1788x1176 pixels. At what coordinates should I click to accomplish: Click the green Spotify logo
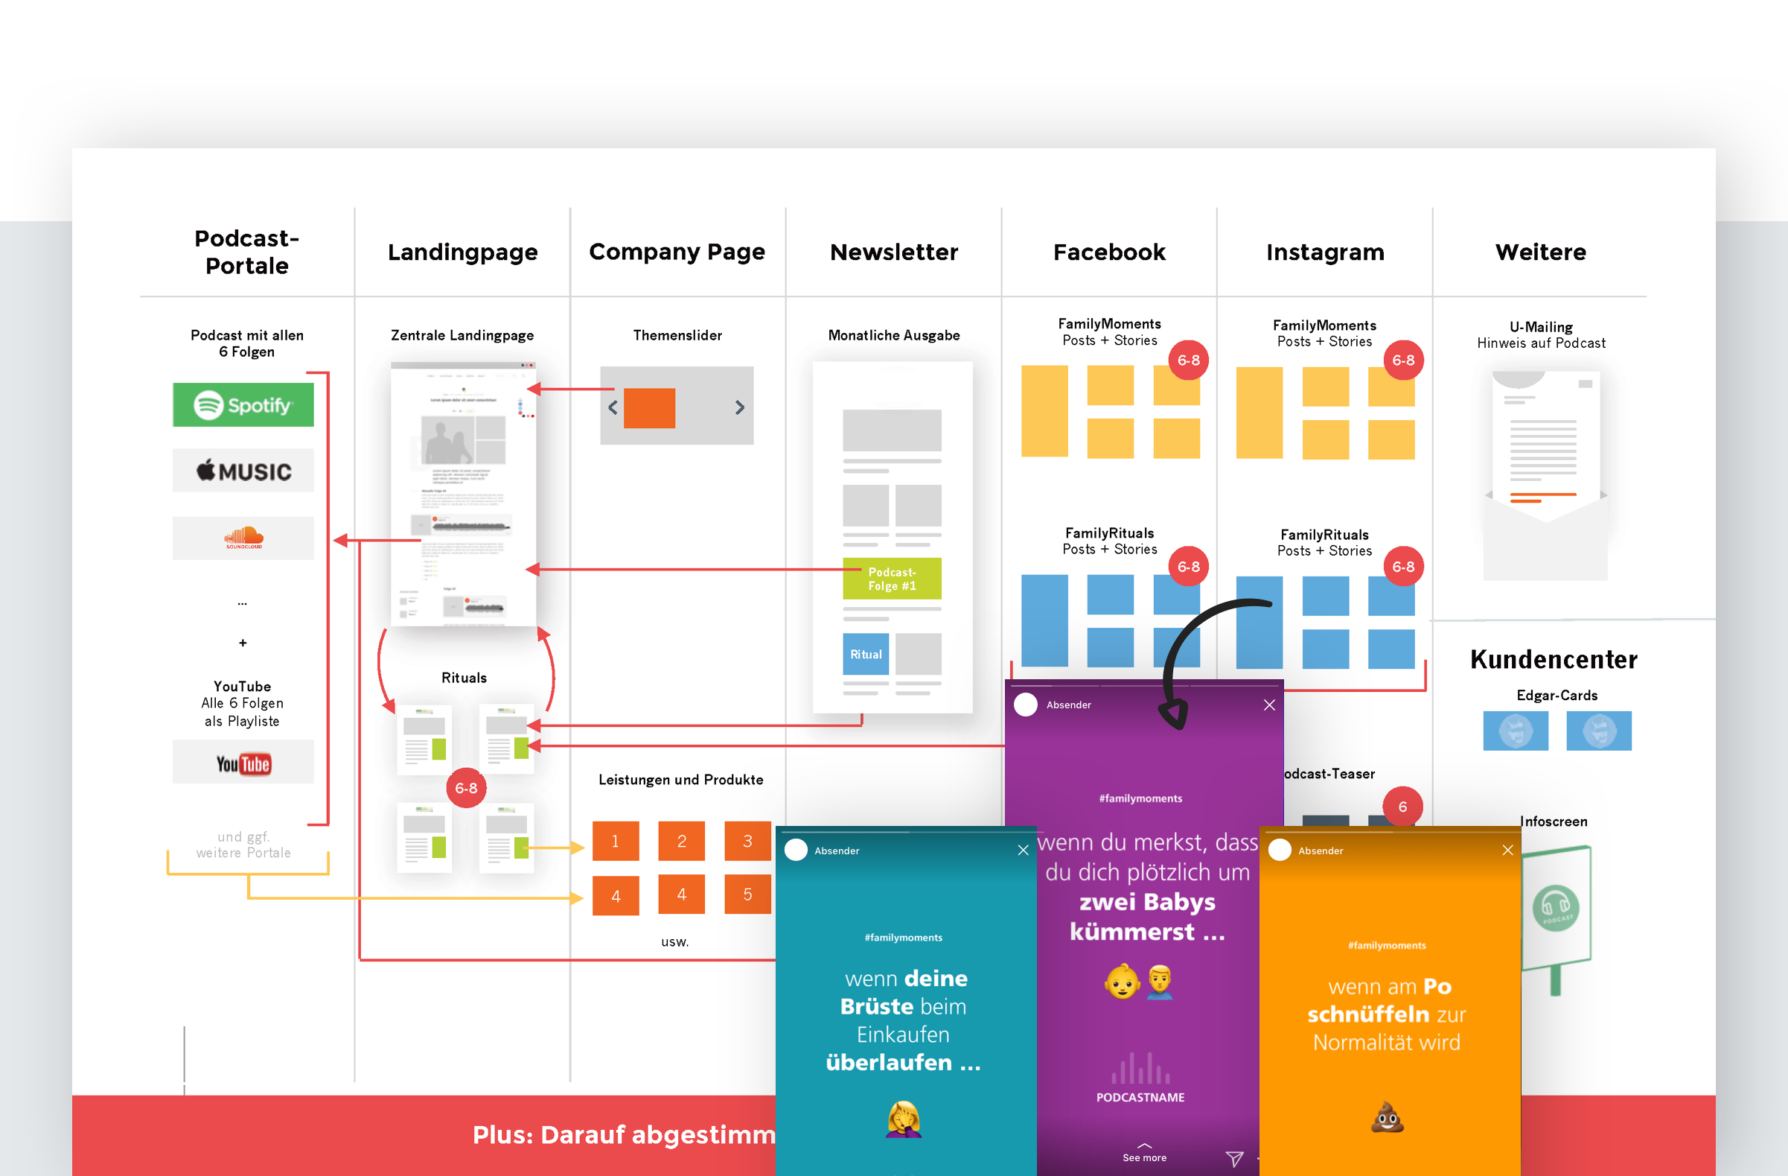(x=243, y=405)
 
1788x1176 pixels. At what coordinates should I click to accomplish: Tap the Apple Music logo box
(x=243, y=471)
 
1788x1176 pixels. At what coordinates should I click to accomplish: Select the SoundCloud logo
(x=243, y=537)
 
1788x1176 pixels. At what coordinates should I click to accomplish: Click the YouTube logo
(x=243, y=763)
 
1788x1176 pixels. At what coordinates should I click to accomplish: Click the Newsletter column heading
(x=893, y=252)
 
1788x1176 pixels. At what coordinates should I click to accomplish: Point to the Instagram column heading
(x=1324, y=252)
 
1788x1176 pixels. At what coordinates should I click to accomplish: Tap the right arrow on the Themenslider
(x=739, y=407)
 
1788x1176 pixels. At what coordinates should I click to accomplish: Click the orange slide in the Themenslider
(x=649, y=408)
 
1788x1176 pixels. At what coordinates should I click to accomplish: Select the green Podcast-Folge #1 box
(x=892, y=579)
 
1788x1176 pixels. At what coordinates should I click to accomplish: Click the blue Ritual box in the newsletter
(x=866, y=654)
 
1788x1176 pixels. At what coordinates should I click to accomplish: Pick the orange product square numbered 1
(x=616, y=841)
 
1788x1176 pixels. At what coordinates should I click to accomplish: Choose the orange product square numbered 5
(x=747, y=894)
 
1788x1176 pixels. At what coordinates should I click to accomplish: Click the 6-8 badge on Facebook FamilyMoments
(x=1188, y=360)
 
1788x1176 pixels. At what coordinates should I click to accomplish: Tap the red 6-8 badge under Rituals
(x=466, y=787)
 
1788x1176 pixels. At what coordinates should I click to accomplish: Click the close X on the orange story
(x=1507, y=850)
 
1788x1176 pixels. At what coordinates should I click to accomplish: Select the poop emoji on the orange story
(x=1387, y=1117)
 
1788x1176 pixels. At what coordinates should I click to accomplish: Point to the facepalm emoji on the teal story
(x=903, y=1119)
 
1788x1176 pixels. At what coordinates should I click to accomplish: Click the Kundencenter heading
(x=1554, y=659)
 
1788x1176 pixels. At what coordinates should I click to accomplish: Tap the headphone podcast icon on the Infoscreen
(x=1555, y=907)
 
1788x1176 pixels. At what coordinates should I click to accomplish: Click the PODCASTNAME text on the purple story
(x=1140, y=1097)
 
